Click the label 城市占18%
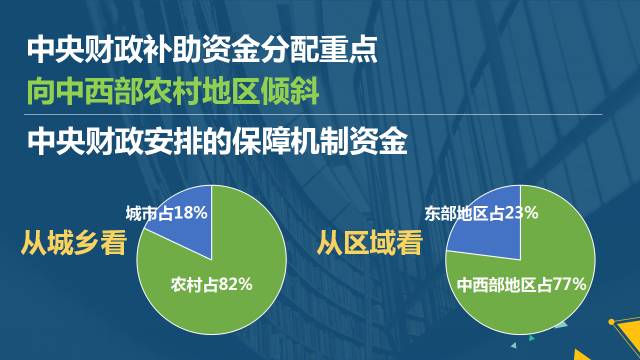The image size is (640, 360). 167,213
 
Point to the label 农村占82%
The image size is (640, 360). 211,284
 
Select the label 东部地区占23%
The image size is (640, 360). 481,213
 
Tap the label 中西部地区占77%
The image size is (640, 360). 522,284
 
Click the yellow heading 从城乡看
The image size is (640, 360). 74,243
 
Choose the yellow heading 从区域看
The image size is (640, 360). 370,243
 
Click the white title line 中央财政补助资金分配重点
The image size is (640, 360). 202,50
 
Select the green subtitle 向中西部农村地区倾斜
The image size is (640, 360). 173,91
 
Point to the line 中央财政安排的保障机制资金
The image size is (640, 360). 217,142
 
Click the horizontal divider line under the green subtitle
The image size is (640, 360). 313,115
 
